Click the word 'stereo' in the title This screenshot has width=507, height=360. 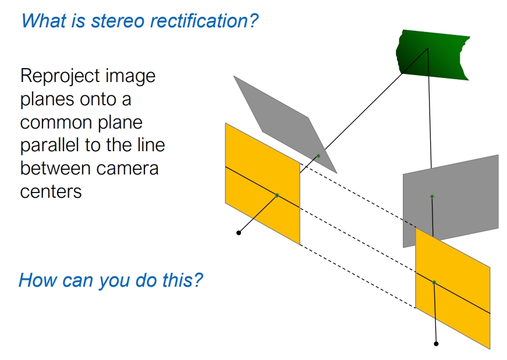(x=118, y=21)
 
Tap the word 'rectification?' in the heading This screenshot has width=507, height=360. (x=204, y=21)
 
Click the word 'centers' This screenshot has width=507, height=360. (x=51, y=192)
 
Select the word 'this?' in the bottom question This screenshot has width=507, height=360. (x=182, y=280)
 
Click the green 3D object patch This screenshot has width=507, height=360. (x=432, y=55)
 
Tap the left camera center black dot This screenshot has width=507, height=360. (x=239, y=233)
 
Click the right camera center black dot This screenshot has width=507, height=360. (x=436, y=344)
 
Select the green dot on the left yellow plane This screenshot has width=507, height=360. (x=276, y=195)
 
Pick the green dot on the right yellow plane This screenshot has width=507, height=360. (x=434, y=283)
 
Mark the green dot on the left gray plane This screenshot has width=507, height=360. (x=318, y=156)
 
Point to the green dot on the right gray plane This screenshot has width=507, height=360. (x=432, y=197)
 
